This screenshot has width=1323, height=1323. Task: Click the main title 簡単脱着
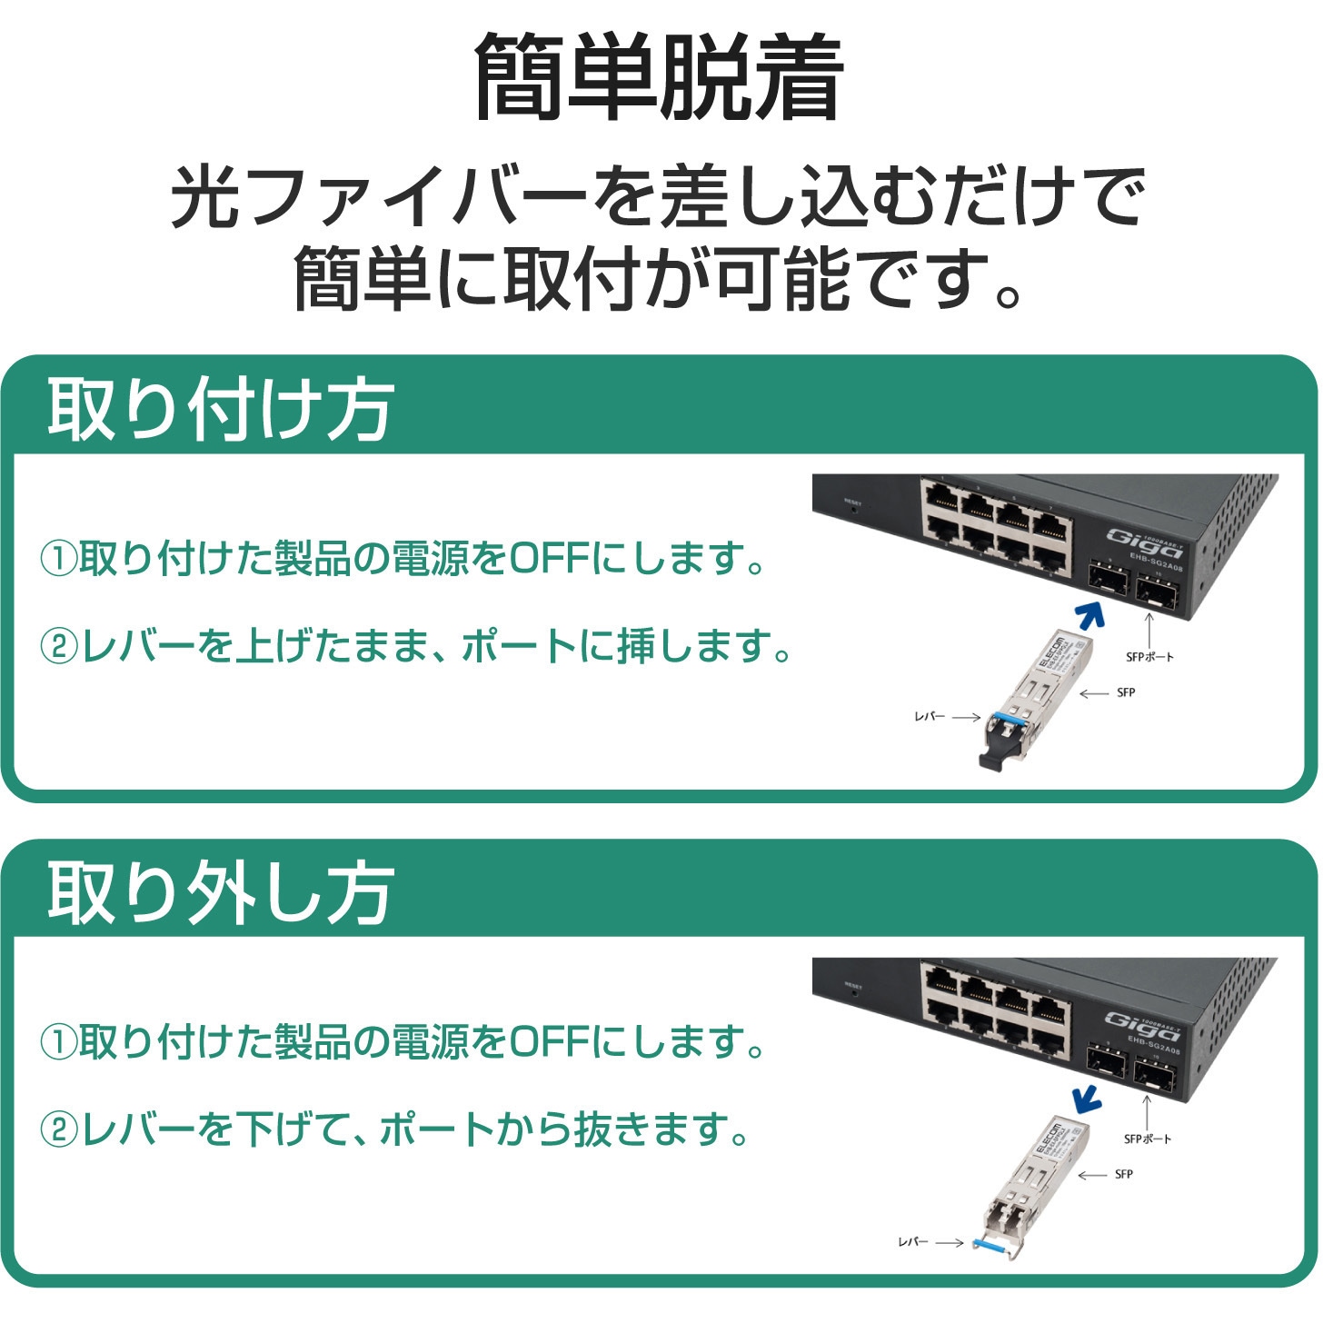point(659,78)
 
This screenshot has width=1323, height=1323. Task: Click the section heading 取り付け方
point(220,410)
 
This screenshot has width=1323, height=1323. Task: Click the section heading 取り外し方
point(220,893)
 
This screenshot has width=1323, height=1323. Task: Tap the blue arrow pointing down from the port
point(1086,1099)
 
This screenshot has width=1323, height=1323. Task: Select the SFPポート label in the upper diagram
point(1149,656)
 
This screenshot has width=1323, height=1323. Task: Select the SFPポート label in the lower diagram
point(1148,1139)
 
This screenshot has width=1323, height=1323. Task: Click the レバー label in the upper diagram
point(929,717)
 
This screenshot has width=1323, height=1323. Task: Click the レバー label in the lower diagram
point(912,1241)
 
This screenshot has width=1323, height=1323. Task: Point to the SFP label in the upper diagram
point(1126,692)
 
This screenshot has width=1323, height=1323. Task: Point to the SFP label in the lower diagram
point(1124,1175)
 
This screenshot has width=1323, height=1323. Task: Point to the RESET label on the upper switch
point(852,502)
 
